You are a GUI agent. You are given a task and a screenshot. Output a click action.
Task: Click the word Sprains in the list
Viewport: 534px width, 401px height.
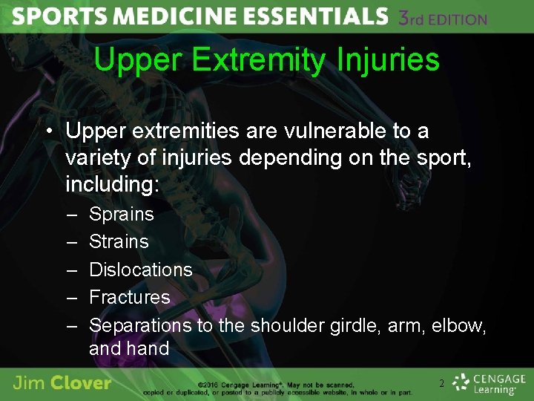[x=121, y=215]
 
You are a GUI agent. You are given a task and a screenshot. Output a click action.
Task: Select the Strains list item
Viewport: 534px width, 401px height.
[x=119, y=242]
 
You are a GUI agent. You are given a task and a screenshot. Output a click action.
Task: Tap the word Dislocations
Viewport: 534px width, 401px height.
[x=140, y=270]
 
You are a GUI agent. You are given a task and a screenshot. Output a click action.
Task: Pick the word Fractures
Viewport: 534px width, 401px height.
[x=129, y=297]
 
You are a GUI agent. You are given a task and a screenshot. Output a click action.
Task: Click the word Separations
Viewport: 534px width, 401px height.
[x=140, y=325]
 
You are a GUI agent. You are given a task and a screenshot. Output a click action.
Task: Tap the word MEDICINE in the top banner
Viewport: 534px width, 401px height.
[x=181, y=17]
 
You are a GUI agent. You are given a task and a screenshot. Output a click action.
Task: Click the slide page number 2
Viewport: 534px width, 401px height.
[x=442, y=384]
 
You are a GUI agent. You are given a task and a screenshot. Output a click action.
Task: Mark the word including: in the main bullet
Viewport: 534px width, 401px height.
[x=112, y=183]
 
